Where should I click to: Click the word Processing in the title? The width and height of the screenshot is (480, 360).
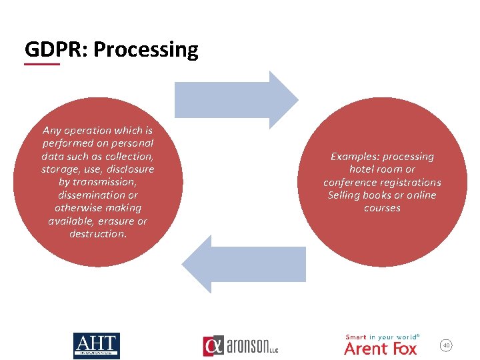145,50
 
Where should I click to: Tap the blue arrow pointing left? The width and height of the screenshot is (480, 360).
243,264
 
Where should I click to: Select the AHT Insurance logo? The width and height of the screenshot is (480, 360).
96,345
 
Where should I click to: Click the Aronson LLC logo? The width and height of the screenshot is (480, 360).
240,346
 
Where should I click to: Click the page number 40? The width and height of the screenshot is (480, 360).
447,345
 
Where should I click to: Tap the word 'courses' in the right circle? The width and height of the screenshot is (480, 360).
382,208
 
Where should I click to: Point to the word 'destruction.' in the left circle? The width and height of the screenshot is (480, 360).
98,234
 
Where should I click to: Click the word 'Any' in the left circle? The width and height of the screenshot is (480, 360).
52,131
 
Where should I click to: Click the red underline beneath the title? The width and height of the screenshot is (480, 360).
42,65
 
